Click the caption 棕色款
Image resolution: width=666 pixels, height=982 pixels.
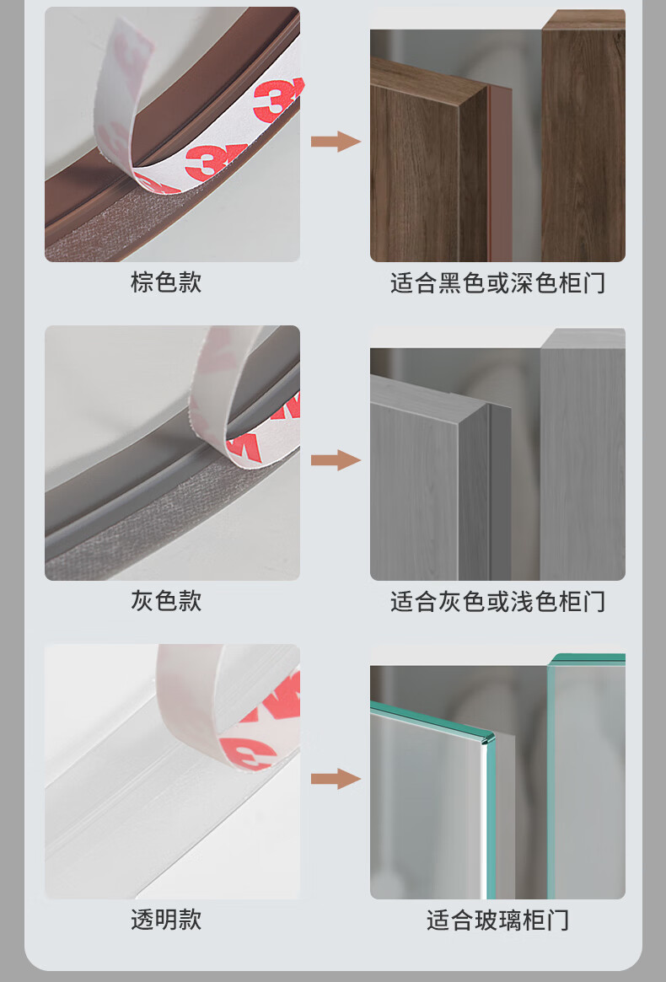click(166, 282)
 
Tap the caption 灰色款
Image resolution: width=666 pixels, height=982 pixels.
click(166, 601)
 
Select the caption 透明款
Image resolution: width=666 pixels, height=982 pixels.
click(166, 920)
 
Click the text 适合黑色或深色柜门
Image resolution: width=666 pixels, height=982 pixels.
click(497, 283)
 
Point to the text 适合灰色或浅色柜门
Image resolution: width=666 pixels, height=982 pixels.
click(497, 601)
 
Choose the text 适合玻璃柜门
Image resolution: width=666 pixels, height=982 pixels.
click(497, 920)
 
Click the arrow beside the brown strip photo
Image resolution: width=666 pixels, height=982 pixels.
click(336, 141)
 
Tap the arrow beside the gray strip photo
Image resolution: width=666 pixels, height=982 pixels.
click(336, 459)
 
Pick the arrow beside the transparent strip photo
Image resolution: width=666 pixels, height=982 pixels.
click(336, 779)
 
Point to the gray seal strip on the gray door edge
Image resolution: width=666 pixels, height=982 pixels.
click(501, 491)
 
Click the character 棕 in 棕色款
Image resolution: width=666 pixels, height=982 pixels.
click(142, 282)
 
